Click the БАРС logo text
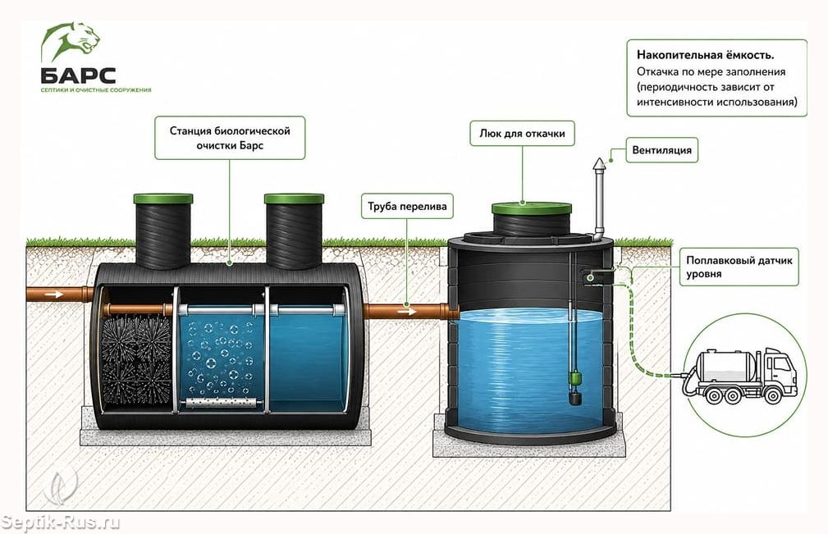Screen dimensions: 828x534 78,75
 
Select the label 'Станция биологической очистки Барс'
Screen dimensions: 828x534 230,138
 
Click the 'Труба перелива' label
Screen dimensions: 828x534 407,207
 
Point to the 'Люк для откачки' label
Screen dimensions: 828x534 522,134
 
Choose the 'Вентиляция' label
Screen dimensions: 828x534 661,150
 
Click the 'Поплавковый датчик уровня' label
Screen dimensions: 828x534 739,267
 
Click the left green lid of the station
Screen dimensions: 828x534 163,199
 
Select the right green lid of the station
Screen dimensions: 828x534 294,199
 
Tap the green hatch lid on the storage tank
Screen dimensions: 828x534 531,208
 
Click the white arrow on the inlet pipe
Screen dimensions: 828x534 54,294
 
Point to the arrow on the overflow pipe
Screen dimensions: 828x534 406,312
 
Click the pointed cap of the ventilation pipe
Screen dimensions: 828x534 599,164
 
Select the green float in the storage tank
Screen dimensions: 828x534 574,378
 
